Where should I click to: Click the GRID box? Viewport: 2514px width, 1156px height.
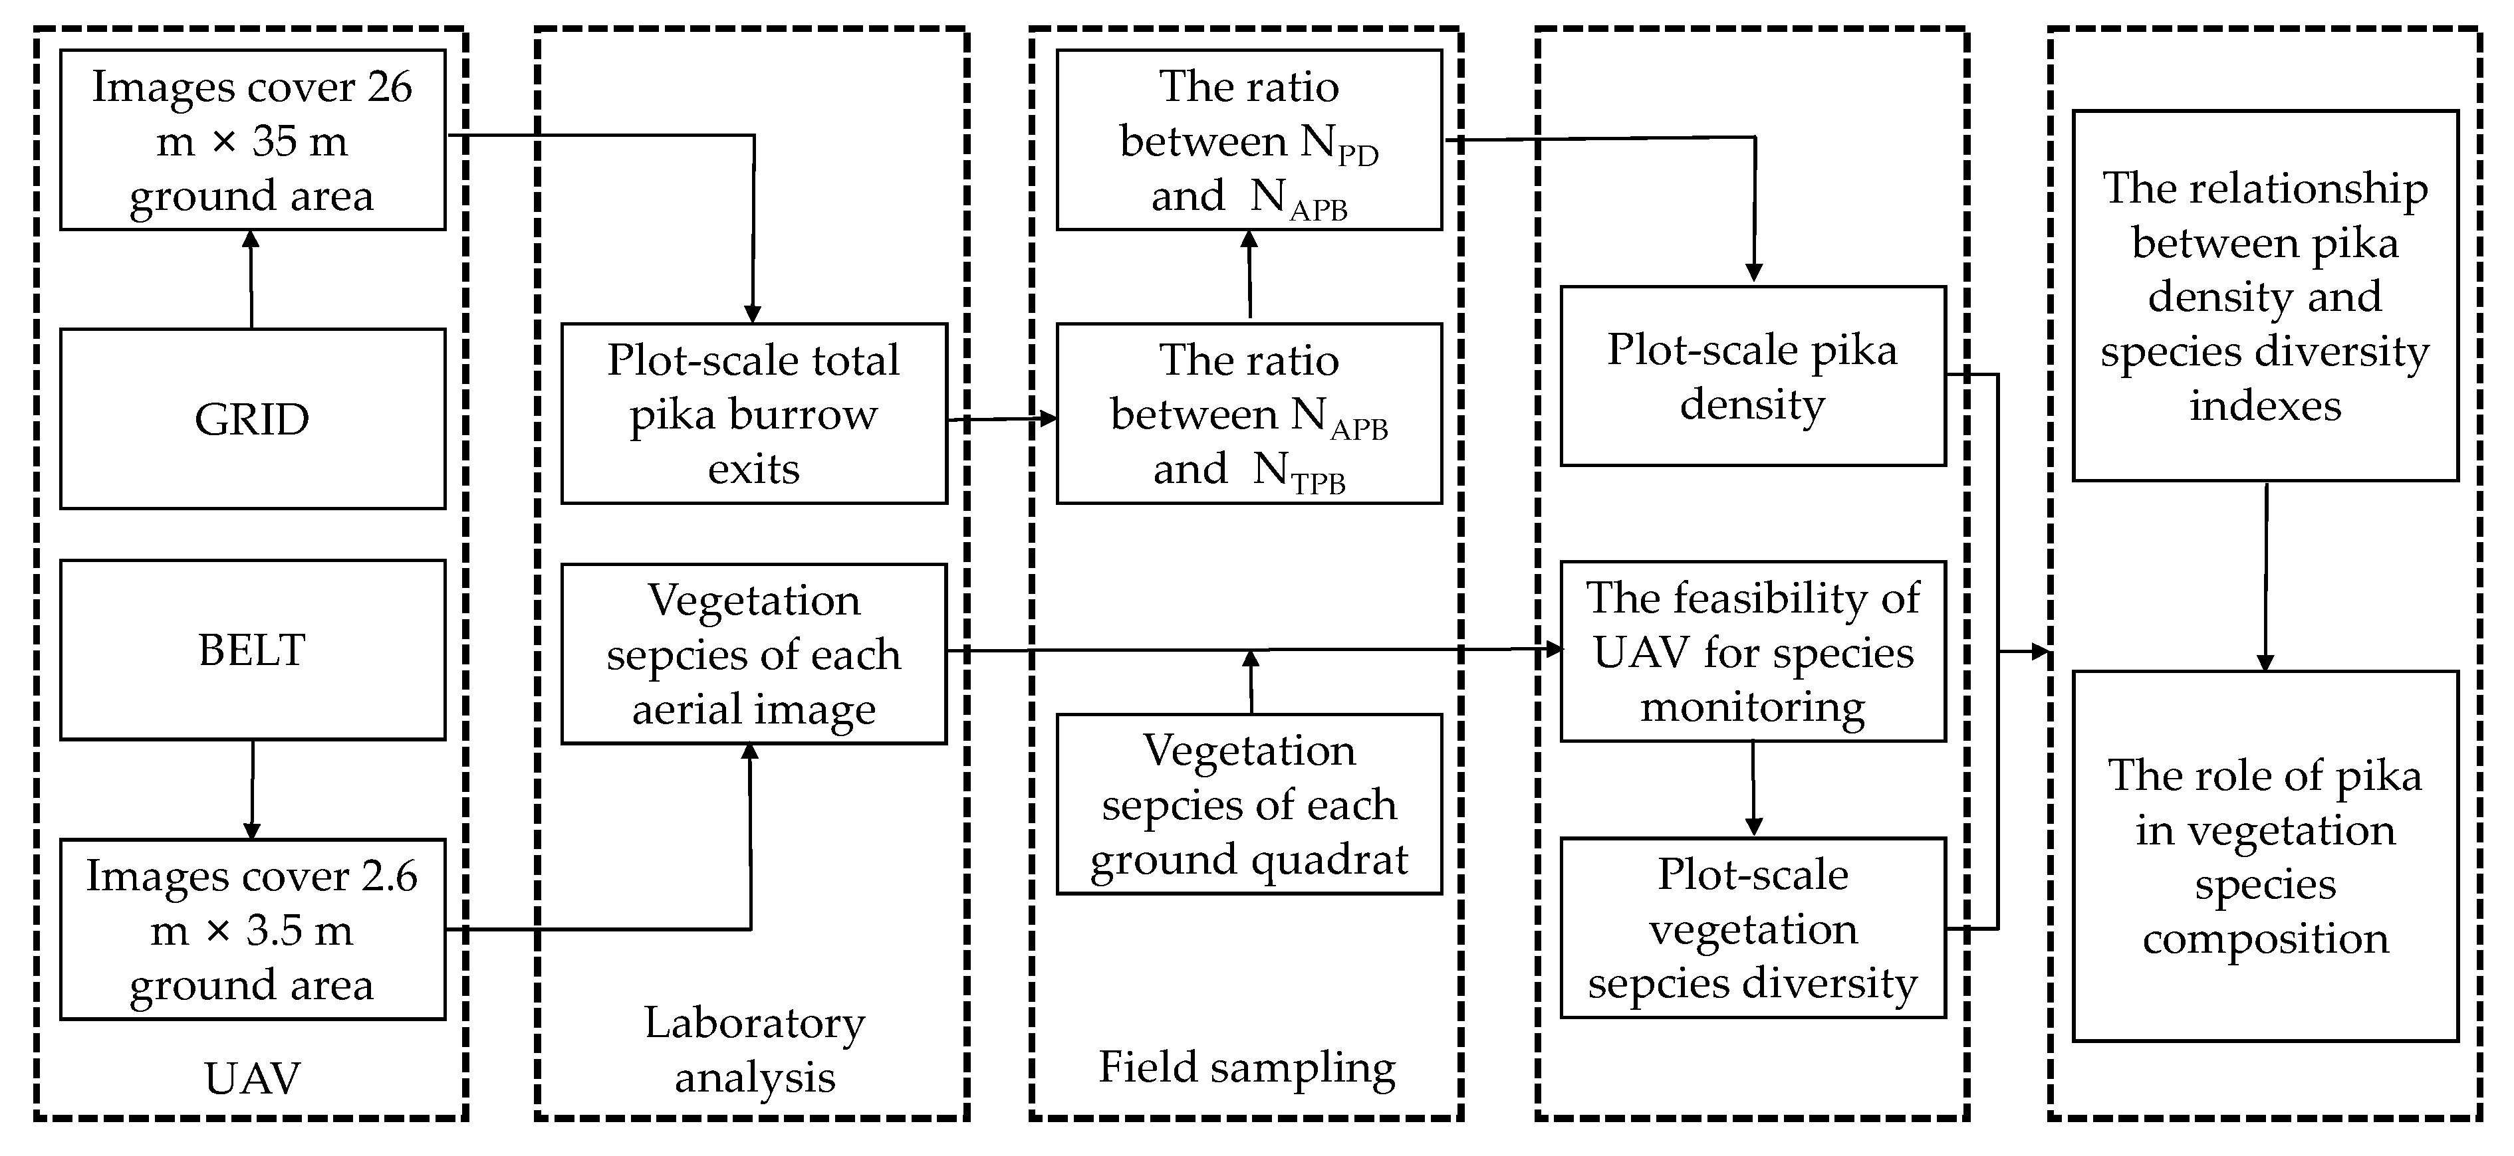coord(252,419)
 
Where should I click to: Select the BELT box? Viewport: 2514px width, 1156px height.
coord(252,650)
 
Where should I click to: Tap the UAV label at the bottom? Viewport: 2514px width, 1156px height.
coord(252,1079)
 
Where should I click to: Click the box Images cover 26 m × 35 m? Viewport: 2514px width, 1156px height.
coord(252,140)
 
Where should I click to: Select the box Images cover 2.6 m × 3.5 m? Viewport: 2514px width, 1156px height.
coord(252,929)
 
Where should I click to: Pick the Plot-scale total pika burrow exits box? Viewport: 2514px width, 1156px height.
coord(753,414)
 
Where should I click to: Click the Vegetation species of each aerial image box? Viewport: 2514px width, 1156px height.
coord(753,654)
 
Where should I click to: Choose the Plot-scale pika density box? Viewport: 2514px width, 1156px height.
coord(1752,375)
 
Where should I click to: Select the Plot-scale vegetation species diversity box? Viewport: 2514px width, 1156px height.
coord(1752,927)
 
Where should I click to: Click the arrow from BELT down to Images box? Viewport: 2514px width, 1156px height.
coord(252,788)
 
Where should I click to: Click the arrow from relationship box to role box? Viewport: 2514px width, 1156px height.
coord(2265,575)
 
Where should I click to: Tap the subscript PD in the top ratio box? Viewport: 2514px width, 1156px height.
coord(1358,155)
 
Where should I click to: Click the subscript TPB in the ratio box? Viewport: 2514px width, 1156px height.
coord(1319,484)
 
